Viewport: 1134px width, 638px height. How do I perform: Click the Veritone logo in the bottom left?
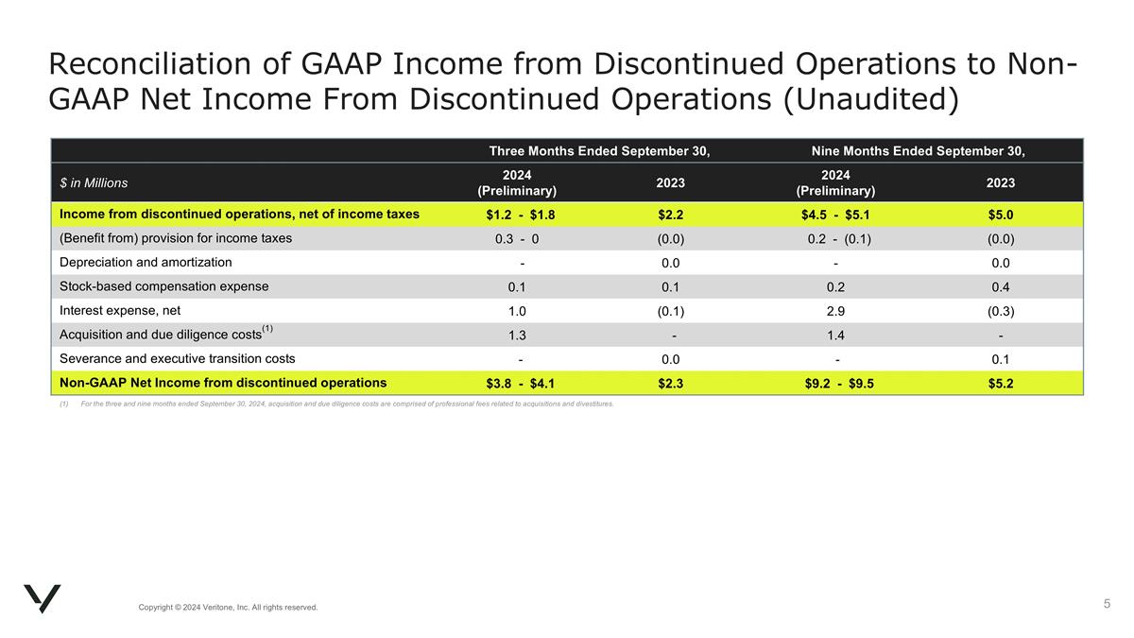[42, 597]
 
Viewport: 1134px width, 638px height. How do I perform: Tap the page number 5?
[1107, 603]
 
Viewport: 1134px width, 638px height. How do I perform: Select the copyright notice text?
[228, 607]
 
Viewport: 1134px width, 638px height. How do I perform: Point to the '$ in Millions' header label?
[94, 182]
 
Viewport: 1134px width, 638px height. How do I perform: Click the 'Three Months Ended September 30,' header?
[599, 151]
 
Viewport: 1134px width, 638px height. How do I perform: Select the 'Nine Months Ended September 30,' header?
[918, 151]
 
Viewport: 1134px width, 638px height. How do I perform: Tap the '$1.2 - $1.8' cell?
[521, 215]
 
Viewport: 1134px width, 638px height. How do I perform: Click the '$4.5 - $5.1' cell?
[835, 215]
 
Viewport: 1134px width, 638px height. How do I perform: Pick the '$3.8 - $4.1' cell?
[521, 384]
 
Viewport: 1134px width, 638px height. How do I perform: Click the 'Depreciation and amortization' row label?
[146, 263]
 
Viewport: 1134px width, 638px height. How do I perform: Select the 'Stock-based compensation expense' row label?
[163, 286]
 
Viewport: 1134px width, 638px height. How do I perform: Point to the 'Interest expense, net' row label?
[120, 310]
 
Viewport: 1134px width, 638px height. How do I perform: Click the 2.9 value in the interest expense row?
[835, 311]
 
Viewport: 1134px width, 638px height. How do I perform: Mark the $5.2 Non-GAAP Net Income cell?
[1001, 384]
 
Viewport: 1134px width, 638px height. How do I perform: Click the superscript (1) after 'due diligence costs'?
[267, 329]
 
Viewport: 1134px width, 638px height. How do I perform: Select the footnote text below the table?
[340, 404]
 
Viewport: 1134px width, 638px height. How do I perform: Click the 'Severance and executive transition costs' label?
[177, 359]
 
